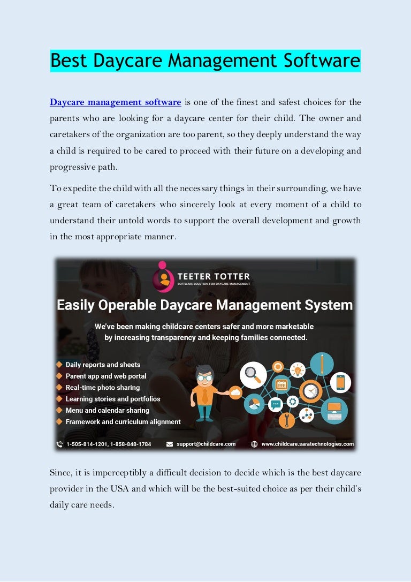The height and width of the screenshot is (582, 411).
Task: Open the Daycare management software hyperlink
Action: coord(115,102)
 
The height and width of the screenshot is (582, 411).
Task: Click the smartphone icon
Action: coord(340,382)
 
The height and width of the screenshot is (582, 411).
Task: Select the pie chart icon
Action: coord(255,404)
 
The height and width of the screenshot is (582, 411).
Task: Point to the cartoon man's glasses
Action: coord(204,377)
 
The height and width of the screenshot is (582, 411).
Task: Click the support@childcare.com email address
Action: coord(206,444)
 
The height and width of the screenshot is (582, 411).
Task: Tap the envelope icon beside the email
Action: coord(170,444)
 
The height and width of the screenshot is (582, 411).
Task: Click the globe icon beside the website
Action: coord(254,444)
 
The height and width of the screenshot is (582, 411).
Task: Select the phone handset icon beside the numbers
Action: coord(59,444)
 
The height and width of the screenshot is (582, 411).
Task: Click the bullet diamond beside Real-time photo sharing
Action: coord(59,387)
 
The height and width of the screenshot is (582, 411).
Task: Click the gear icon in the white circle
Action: coord(293,402)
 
